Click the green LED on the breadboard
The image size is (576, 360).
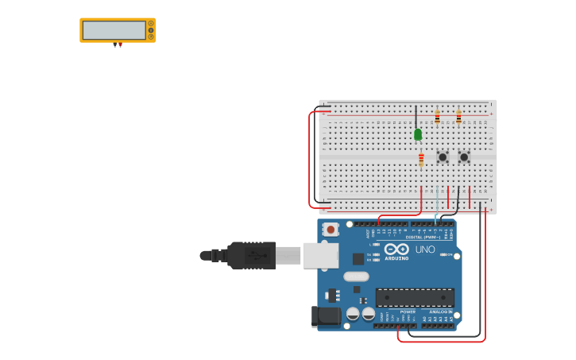(418, 134)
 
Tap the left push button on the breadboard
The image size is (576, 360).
(443, 157)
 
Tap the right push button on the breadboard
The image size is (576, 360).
(464, 157)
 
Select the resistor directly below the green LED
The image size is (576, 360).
(421, 159)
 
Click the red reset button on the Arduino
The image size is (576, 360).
(331, 229)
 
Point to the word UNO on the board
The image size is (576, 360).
(425, 250)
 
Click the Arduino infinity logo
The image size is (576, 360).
(396, 249)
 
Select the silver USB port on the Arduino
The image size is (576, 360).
(321, 255)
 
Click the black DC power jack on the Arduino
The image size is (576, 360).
(327, 315)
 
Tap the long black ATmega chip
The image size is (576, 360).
(415, 297)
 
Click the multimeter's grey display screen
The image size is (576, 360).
(114, 30)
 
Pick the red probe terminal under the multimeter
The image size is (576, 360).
(120, 45)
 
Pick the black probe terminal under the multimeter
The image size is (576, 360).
(115, 45)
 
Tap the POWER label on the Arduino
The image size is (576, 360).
(408, 312)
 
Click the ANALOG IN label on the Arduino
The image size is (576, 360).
(440, 312)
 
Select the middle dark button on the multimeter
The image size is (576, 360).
(151, 30)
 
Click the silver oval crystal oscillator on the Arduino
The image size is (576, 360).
(356, 277)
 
